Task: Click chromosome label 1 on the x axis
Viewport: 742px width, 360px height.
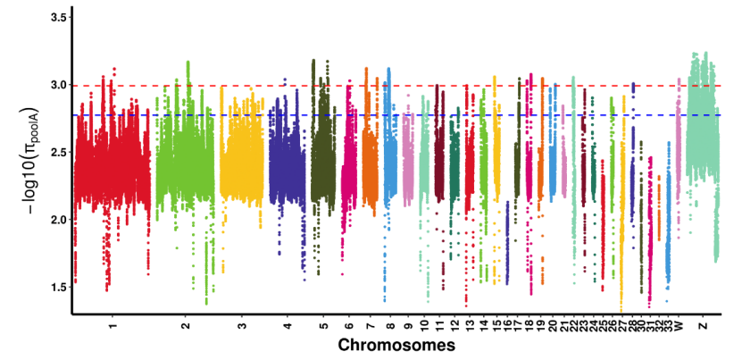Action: (112, 325)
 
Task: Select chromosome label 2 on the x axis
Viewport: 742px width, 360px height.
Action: (185, 325)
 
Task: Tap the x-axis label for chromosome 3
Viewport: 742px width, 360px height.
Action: (242, 325)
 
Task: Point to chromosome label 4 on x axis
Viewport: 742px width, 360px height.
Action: (287, 325)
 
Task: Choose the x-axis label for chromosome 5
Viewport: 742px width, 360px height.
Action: (323, 325)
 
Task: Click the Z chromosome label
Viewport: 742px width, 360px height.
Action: (704, 325)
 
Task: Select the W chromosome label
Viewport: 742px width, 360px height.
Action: (679, 325)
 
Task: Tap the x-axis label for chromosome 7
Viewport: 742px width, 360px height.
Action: (370, 325)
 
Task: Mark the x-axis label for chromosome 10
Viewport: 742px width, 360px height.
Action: (425, 327)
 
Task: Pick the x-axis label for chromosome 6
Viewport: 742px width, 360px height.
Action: (349, 325)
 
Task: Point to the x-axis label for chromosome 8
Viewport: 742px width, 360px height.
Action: (390, 325)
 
